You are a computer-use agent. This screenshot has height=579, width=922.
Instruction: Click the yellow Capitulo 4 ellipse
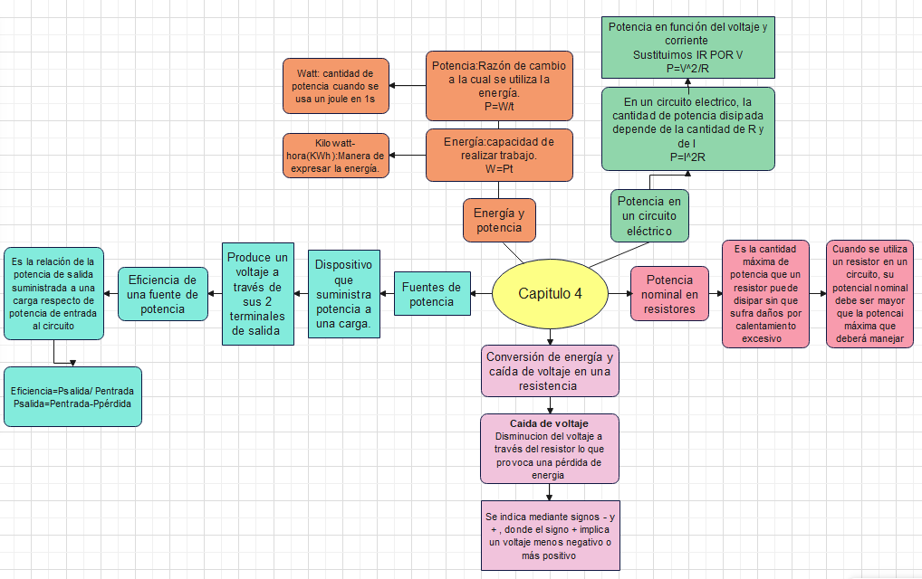tap(550, 293)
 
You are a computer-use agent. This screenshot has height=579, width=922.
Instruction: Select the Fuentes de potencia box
tap(431, 293)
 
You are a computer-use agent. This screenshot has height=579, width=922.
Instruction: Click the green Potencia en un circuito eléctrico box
tap(649, 215)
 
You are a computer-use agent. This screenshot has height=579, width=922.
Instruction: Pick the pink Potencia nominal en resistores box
tap(670, 293)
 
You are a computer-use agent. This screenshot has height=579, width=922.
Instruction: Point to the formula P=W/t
tap(499, 106)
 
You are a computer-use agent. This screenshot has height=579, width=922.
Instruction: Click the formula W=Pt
tap(499, 168)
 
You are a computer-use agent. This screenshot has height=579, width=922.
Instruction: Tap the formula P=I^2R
tap(687, 157)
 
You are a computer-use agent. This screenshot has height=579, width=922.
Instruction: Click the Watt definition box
tap(336, 85)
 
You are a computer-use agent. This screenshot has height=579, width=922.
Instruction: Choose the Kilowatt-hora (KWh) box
tap(335, 156)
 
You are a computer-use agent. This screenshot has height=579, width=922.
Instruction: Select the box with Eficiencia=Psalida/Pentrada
tap(72, 396)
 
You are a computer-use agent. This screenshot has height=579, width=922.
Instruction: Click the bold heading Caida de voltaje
tap(549, 423)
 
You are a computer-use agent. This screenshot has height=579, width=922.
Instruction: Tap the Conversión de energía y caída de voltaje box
tap(551, 370)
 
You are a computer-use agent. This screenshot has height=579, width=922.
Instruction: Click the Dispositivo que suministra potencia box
tap(343, 293)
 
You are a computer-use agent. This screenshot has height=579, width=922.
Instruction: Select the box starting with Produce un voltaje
tap(257, 293)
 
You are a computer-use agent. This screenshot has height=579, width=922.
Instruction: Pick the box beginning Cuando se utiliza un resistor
tap(870, 293)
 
